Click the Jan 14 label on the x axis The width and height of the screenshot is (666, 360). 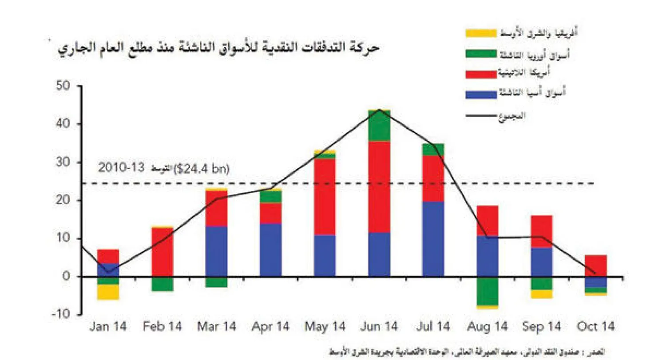click(x=108, y=327)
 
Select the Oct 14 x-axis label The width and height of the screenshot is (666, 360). click(x=596, y=327)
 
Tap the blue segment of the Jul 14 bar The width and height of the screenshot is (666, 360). click(x=433, y=239)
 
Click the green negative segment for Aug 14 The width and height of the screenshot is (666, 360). click(x=488, y=291)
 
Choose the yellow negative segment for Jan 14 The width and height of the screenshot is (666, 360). click(x=108, y=292)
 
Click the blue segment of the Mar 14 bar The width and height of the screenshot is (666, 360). click(x=216, y=251)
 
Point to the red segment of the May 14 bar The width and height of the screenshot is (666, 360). click(x=325, y=197)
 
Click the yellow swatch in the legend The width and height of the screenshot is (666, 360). click(x=481, y=33)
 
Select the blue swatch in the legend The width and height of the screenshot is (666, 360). click(x=481, y=94)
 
